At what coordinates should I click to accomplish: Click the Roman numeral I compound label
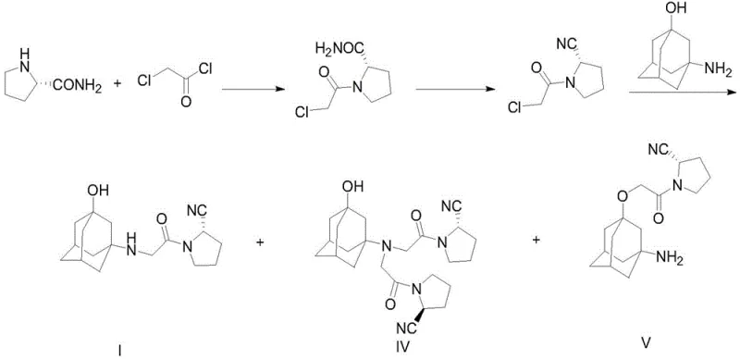click(120, 349)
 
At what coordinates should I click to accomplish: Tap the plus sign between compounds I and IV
click(260, 242)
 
